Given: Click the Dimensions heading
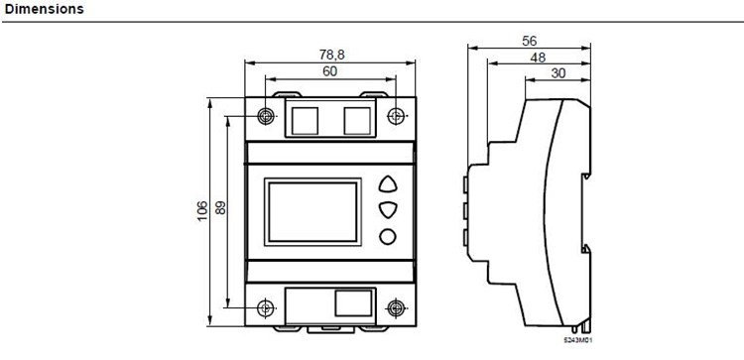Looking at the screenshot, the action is (x=44, y=9).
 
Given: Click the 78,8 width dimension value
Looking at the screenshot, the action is (x=332, y=55).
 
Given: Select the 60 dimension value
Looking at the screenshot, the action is (x=330, y=71).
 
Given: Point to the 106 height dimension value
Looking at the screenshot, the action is (x=202, y=211).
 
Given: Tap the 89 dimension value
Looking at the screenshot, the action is (x=220, y=207).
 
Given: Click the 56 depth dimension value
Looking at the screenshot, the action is (x=530, y=42).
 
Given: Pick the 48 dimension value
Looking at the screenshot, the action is (x=538, y=58).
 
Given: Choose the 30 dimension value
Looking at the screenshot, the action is (x=558, y=73).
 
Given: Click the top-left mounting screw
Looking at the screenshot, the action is (x=266, y=116).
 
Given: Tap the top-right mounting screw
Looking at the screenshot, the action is (x=396, y=116).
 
